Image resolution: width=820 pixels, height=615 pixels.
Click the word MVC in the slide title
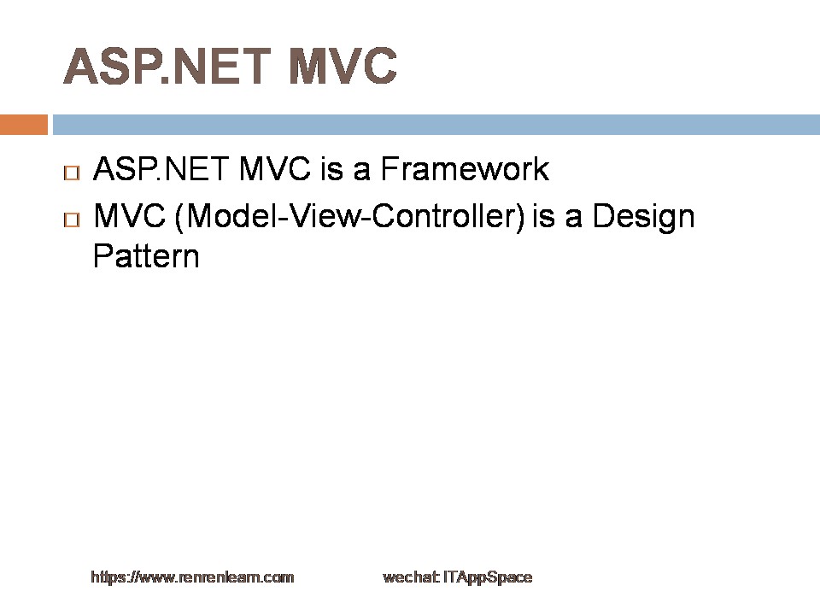click(x=343, y=66)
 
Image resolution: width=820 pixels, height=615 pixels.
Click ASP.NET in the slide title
click(x=167, y=66)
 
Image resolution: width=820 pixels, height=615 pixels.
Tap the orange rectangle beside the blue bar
click(x=24, y=125)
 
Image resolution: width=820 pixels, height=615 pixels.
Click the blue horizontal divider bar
click(x=436, y=125)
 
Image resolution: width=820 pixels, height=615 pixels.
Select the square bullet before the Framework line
click(x=72, y=173)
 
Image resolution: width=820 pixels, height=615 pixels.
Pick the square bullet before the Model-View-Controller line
click(x=72, y=220)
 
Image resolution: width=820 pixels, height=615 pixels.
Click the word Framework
click(x=465, y=168)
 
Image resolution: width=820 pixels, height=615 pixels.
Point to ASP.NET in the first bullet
click(x=161, y=168)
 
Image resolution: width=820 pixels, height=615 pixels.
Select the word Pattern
click(x=146, y=255)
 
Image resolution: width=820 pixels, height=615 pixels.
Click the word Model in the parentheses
click(x=231, y=215)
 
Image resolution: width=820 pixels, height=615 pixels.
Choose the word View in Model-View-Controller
click(x=325, y=215)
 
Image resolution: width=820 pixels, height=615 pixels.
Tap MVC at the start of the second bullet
click(x=129, y=215)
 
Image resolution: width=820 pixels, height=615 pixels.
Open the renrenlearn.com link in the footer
click(x=192, y=577)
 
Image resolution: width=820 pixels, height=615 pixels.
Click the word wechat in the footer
click(x=411, y=577)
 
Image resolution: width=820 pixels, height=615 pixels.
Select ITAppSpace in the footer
click(x=488, y=577)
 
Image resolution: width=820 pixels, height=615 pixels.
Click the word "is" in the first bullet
click(x=331, y=168)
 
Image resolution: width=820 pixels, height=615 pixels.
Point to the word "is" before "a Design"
click(x=543, y=215)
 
